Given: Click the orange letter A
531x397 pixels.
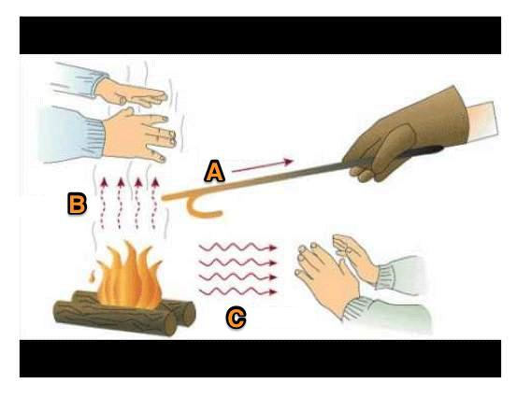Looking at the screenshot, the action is point(215,172).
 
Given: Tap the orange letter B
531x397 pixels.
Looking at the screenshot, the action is point(78,204).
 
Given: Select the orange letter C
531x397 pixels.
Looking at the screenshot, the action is point(236,318).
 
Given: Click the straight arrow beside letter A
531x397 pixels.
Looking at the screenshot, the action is point(263,166).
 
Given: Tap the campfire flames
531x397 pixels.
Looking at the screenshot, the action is point(130,274).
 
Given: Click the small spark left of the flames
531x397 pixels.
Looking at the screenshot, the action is point(91,276).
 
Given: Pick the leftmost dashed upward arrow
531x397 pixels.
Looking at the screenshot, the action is point(103,203).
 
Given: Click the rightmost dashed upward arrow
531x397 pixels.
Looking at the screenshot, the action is point(155,203).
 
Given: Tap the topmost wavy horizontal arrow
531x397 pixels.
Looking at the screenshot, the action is point(238,248).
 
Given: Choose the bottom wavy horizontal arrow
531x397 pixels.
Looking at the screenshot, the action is point(238,291).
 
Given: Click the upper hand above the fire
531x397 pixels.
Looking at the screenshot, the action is point(132,92).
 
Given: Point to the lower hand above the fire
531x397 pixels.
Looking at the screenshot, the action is point(139,135).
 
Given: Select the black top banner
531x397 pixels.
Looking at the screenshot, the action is point(260,35).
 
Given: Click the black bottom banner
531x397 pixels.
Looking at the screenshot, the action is point(260,359).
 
